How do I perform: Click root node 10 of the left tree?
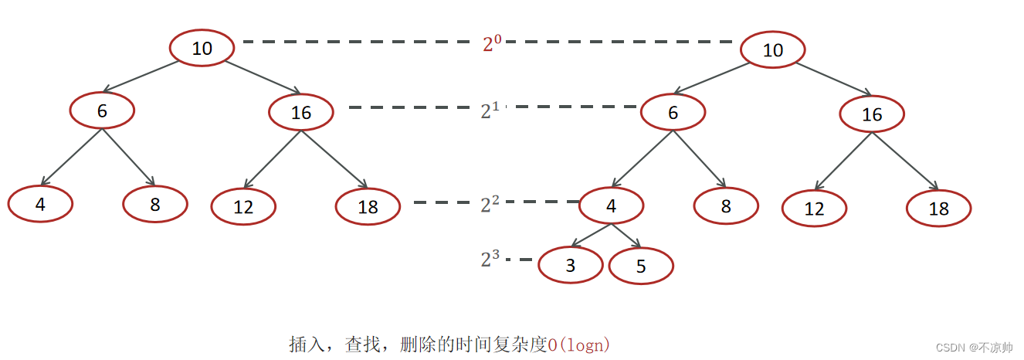202,48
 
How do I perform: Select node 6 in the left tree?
102,110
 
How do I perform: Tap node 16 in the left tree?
301,113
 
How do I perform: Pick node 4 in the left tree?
40,204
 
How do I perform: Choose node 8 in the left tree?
155,204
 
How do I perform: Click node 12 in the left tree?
243,207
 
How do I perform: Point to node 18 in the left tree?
368,207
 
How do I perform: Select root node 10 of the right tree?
772,51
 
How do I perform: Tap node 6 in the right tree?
673,114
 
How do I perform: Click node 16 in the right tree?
872,115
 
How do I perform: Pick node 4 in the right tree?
611,206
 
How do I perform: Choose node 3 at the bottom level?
570,267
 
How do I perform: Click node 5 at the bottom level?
641,267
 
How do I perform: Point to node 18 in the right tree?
938,209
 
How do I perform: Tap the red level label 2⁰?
492,44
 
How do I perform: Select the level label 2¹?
490,110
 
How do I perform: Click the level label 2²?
490,204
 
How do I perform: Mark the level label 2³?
490,260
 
